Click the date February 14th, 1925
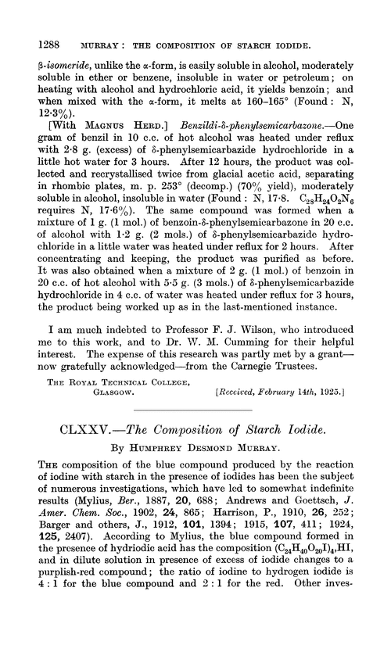pos(300,404)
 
